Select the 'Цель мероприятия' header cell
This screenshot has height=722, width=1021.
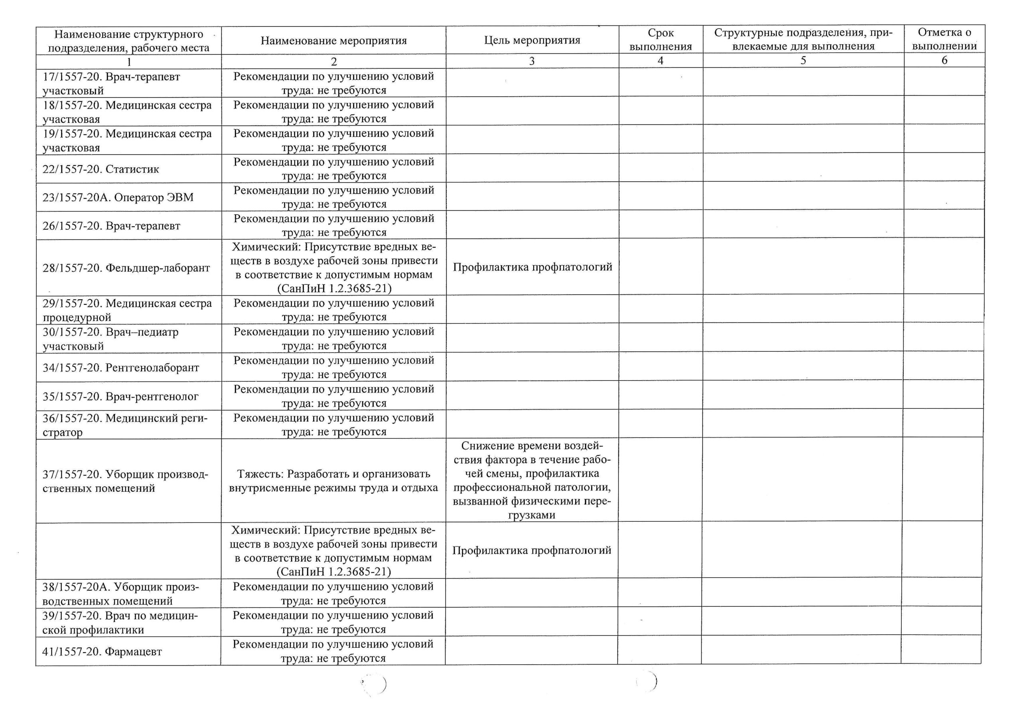point(532,40)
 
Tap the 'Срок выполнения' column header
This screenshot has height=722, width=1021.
point(660,39)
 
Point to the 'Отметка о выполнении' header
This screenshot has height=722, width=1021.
point(944,39)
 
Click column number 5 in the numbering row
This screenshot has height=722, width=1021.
point(803,61)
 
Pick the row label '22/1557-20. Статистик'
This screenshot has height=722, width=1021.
point(101,169)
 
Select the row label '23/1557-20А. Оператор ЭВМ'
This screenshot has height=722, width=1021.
point(118,197)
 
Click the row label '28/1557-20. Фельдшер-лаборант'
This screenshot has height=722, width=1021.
point(126,268)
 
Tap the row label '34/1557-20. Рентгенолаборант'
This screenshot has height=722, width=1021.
point(120,368)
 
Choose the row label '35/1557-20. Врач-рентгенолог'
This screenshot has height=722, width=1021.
point(120,397)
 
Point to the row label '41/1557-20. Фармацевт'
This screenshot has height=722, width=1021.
point(102,652)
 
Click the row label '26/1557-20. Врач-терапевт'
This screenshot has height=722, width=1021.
point(111,226)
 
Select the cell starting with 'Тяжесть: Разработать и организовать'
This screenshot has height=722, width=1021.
point(333,481)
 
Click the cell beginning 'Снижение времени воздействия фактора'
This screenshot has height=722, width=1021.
point(532,480)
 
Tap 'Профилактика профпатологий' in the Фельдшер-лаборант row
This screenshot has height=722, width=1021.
point(532,267)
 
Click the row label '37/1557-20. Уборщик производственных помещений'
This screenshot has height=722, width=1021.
point(125,481)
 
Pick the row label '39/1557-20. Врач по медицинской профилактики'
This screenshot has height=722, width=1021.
point(120,622)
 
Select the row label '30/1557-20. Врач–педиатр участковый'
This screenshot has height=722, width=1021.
point(110,339)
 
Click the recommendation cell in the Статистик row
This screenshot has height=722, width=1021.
point(333,169)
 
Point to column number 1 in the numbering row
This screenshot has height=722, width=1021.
point(128,62)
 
